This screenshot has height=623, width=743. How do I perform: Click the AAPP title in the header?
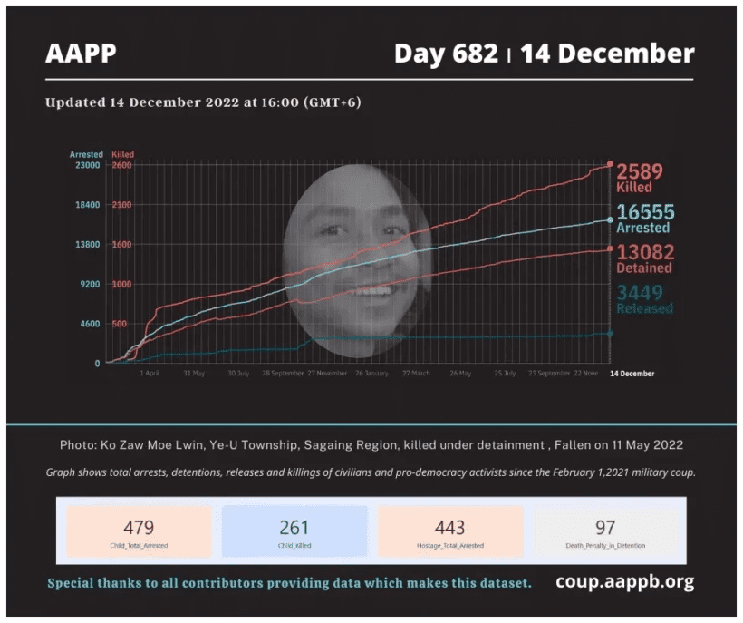[x=81, y=54]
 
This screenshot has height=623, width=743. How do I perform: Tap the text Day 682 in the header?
[x=446, y=54]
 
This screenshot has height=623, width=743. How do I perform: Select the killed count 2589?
[x=640, y=171]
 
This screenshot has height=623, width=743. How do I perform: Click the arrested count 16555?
[x=645, y=212]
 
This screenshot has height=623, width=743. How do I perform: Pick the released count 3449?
[x=640, y=292]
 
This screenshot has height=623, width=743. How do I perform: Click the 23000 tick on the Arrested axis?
[x=87, y=165]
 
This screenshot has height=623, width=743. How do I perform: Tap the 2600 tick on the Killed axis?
[x=122, y=165]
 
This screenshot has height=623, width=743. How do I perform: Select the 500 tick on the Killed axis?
[x=119, y=324]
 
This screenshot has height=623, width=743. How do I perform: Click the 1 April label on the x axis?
[x=150, y=373]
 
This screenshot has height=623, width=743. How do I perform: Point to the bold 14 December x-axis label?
[x=632, y=373]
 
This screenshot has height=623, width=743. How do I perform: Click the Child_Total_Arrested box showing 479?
[x=139, y=531]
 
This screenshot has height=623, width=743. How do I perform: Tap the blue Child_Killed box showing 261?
[x=294, y=531]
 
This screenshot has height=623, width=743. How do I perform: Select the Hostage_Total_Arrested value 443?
[x=449, y=527]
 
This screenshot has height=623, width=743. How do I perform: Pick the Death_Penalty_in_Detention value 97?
[x=605, y=527]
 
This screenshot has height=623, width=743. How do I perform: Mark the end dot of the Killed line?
[x=610, y=165]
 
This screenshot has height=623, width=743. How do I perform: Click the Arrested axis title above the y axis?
[x=87, y=154]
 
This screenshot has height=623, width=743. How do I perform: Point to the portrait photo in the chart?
[x=357, y=261]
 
